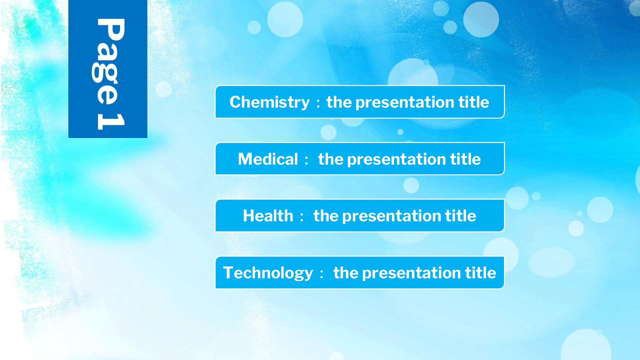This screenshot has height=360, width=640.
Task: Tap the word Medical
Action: pyautogui.click(x=268, y=159)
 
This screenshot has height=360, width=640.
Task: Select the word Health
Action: pyautogui.click(x=268, y=216)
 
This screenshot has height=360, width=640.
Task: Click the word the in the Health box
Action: pyautogui.click(x=326, y=216)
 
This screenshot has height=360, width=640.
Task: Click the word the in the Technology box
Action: pyautogui.click(x=346, y=273)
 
